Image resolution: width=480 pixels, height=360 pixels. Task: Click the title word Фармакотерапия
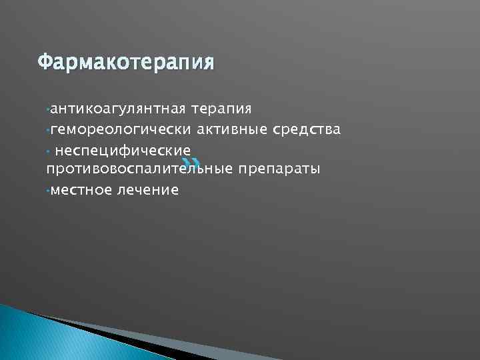click(126, 63)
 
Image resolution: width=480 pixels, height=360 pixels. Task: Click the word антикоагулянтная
click(119, 108)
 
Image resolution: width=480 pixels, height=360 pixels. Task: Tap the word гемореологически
click(121, 129)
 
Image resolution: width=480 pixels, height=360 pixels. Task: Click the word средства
click(307, 129)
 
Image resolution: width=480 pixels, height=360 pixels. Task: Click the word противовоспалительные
click(139, 169)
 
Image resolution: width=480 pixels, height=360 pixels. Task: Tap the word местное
click(79, 190)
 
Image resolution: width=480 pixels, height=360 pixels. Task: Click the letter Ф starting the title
click(44, 63)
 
